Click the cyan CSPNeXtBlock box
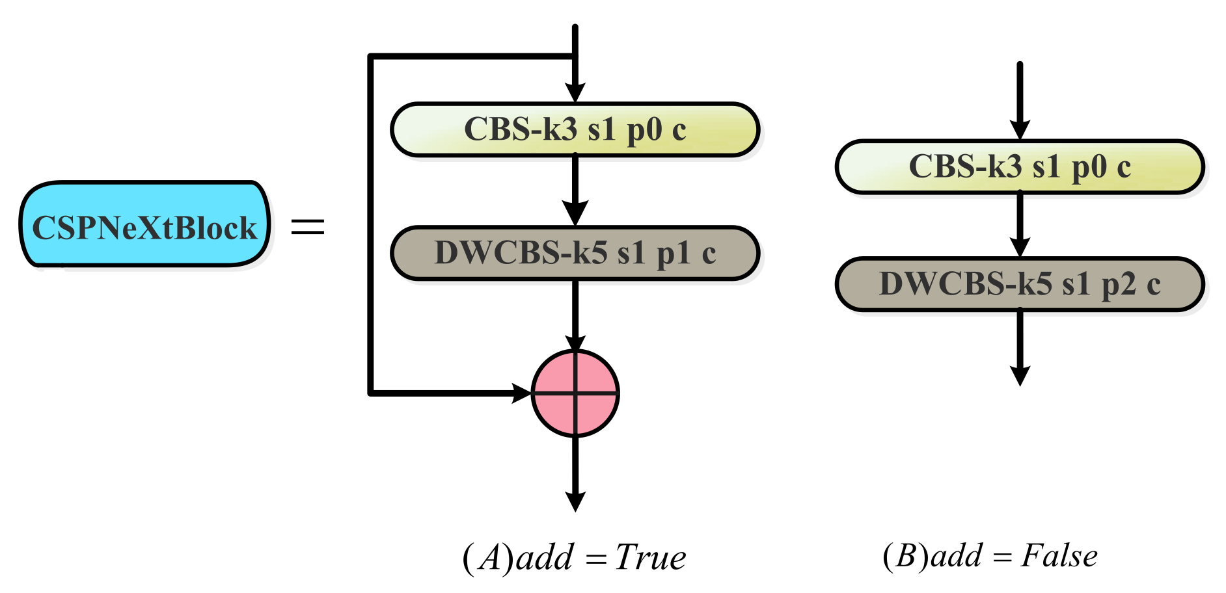pos(144,225)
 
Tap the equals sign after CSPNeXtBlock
pos(307,226)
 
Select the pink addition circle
pos(575,393)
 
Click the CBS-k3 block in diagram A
pos(575,129)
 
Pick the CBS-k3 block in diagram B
pos(1020,167)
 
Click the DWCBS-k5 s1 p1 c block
pos(575,254)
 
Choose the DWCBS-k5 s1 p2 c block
pos(1020,284)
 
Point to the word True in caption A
pos(651,557)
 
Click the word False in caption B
pos(1059,556)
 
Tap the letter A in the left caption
pos(489,558)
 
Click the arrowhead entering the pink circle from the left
pos(523,393)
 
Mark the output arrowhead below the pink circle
pos(575,501)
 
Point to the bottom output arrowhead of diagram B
pos(1020,375)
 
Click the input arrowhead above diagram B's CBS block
pos(1020,129)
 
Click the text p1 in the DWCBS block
pos(672,254)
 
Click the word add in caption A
pos(545,557)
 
